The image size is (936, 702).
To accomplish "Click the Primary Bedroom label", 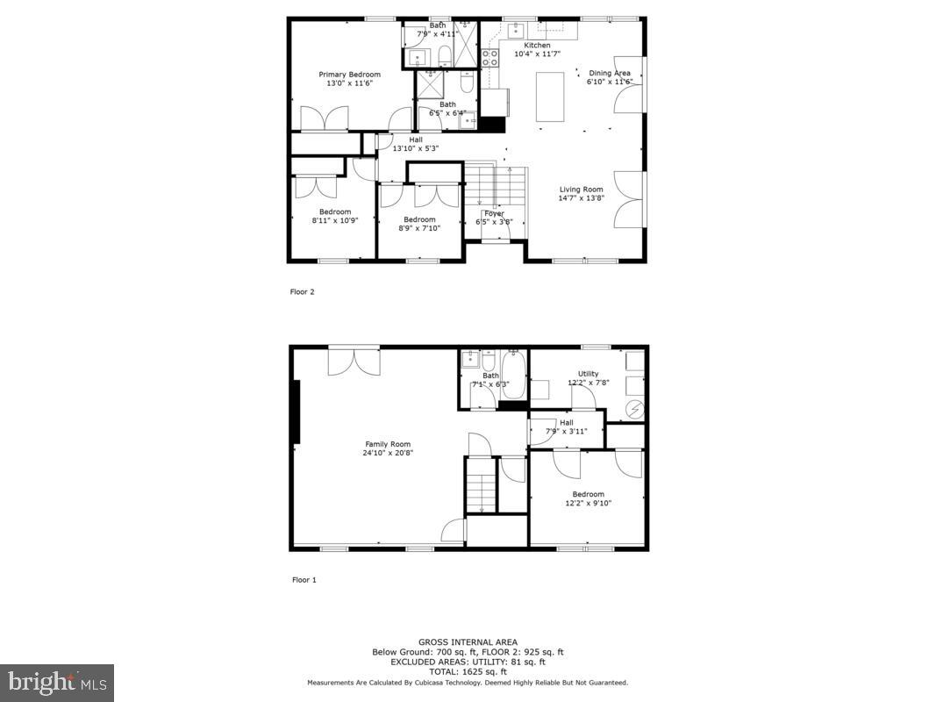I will (x=349, y=75).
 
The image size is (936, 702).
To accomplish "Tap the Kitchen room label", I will (x=537, y=45).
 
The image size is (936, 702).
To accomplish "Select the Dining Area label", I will (x=609, y=73).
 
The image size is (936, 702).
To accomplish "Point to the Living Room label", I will (x=582, y=189).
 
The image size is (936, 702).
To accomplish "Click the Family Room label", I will (x=387, y=444).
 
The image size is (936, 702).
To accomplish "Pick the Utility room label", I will (x=588, y=374).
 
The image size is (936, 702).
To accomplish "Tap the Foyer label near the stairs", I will (x=494, y=213).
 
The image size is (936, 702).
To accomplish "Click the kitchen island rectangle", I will (x=550, y=96).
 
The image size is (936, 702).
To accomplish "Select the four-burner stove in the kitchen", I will (x=489, y=57).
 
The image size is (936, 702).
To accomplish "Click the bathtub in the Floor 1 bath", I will (x=513, y=375).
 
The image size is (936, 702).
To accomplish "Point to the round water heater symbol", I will (x=635, y=408).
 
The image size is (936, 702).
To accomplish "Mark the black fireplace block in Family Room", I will (x=297, y=412).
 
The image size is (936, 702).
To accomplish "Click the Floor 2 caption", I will (x=303, y=291).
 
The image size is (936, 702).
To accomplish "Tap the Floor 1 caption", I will (x=304, y=579).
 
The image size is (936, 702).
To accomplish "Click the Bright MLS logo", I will (x=57, y=682).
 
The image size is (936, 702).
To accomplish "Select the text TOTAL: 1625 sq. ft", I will (x=468, y=671).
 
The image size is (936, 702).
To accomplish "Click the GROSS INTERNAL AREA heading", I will (x=468, y=641).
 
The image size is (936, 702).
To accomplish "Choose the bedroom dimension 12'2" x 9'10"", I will (x=588, y=503).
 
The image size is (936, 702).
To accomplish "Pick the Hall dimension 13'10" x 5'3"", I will (x=415, y=148).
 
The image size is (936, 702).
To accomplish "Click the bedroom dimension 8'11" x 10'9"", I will (x=335, y=220).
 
